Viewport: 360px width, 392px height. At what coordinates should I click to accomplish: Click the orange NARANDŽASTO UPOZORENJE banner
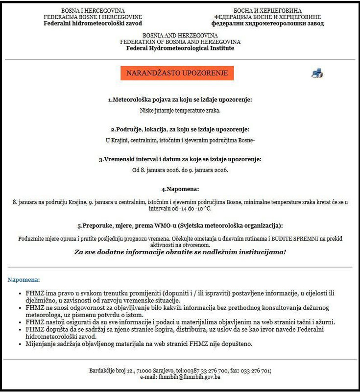point(177,73)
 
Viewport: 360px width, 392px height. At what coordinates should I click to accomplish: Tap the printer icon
point(317,73)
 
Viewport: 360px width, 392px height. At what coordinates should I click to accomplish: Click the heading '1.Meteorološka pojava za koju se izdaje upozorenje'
point(180,99)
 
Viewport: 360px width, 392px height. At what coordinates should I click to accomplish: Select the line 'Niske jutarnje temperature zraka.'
point(180,110)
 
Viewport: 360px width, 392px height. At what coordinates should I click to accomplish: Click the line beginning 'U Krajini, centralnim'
point(180,140)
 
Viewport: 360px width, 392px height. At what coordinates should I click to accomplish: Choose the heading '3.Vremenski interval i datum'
point(180,159)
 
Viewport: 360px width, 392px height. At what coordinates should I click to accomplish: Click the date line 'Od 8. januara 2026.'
point(180,170)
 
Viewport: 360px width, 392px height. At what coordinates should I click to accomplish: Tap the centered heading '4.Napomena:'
point(180,189)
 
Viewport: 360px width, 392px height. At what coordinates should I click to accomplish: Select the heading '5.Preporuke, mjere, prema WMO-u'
point(180,226)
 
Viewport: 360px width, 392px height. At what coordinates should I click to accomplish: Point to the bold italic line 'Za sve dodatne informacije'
point(180,252)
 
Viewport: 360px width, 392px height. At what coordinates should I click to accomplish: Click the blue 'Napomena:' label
point(24,280)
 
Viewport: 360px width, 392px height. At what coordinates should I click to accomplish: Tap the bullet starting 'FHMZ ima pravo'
point(176,296)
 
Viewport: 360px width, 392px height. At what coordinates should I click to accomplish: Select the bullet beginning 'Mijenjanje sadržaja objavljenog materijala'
point(139,343)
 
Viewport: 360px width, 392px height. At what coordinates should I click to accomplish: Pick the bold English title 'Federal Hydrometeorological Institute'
point(180,48)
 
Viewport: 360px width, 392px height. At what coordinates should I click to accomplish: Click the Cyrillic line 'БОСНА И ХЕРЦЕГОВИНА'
point(267,11)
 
